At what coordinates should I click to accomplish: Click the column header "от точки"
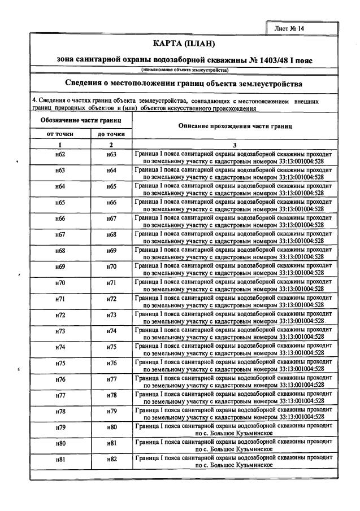[x=60, y=134]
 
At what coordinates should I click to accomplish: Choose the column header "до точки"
[x=111, y=134]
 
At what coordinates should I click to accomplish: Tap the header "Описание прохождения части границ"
[x=235, y=126]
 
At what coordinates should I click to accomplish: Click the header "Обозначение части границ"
[x=81, y=121]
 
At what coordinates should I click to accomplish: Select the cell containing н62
[x=60, y=155]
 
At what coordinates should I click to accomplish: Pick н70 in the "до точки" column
[x=111, y=267]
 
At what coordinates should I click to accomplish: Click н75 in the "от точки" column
[x=60, y=363]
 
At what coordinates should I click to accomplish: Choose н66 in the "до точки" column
[x=111, y=203]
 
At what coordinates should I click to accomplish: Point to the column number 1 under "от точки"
[x=60, y=145]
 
